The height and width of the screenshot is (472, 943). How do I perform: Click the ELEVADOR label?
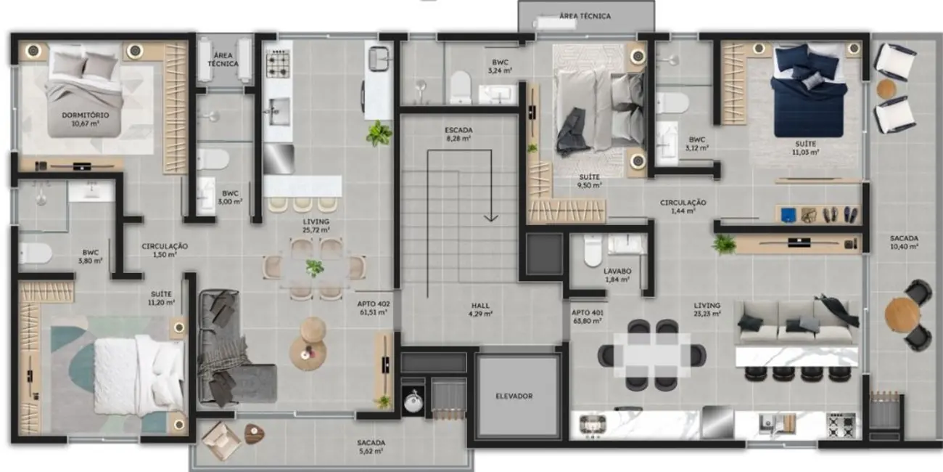point(514,396)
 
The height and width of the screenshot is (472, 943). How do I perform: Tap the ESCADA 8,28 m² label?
point(458,134)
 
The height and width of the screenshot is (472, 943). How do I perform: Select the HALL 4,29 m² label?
point(480,310)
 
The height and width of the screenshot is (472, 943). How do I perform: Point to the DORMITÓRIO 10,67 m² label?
point(85,119)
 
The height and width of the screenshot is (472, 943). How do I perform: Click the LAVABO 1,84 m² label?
point(617,274)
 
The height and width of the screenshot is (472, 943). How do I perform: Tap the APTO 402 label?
point(372,309)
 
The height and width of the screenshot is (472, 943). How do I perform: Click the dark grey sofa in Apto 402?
point(231,349)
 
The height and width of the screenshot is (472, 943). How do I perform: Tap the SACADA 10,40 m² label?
point(904,242)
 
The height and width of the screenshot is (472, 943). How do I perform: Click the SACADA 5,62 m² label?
point(371,447)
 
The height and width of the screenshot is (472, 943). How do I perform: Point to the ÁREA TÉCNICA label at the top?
point(585,16)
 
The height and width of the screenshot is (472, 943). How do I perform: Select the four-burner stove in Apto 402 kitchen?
point(278,65)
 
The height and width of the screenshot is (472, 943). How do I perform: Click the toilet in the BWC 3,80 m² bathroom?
point(35,253)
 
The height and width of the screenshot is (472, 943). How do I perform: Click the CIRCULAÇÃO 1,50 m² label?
point(165,251)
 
